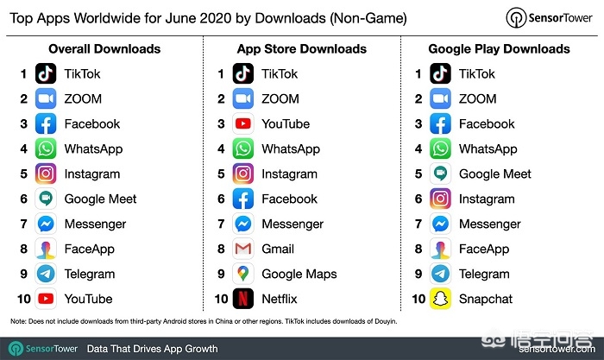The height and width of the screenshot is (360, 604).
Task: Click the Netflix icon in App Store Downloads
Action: point(244,299)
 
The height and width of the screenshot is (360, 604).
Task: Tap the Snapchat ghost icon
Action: point(442,299)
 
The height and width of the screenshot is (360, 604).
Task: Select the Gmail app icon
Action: point(244,249)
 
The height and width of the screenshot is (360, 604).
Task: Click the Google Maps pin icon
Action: point(244,274)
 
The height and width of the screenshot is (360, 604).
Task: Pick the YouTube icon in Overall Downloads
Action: point(46,299)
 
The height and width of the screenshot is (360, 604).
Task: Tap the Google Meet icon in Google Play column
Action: point(442,174)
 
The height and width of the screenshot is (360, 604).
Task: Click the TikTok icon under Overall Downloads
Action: point(46,74)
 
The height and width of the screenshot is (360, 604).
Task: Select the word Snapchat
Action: point(486,299)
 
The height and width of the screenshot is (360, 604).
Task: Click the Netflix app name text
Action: point(279,299)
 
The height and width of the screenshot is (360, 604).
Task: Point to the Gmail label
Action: point(278,249)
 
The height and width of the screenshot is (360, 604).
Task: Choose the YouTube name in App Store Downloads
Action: point(286,123)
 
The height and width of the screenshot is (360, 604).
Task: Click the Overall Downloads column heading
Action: point(104,49)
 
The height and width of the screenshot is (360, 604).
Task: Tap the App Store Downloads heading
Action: point(302,49)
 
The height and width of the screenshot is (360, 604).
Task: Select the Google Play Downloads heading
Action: point(500,49)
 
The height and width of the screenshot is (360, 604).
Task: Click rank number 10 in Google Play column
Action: point(419,299)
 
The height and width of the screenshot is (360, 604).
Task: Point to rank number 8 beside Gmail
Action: point(223,249)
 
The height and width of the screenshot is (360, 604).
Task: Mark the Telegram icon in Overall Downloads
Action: point(46,274)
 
